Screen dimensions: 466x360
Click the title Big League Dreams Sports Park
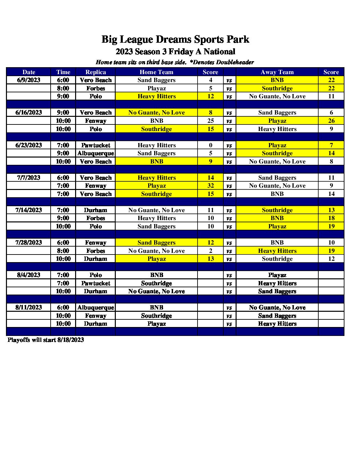click(175, 39)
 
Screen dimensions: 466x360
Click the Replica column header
click(96, 72)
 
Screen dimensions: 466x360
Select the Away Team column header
click(277, 72)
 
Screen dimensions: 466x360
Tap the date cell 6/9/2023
click(29, 80)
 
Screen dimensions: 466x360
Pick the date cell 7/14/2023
click(29, 210)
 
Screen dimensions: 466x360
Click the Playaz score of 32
click(210, 186)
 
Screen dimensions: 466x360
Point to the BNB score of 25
click(210, 121)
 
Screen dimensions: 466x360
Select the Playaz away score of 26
click(331, 121)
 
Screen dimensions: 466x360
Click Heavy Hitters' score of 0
click(210, 145)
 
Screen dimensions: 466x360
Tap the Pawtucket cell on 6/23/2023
click(96, 145)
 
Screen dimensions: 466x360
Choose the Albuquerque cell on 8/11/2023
click(96, 307)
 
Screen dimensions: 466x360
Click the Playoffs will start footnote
click(46, 340)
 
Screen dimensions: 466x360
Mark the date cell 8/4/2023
click(29, 275)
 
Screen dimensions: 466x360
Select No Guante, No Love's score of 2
click(210, 251)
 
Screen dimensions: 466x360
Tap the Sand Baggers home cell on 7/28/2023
click(157, 243)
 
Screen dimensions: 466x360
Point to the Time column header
click(63, 72)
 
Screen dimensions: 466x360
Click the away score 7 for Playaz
click(331, 145)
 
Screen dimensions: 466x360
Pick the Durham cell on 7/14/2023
click(96, 210)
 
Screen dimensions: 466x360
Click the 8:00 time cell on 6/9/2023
click(63, 88)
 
